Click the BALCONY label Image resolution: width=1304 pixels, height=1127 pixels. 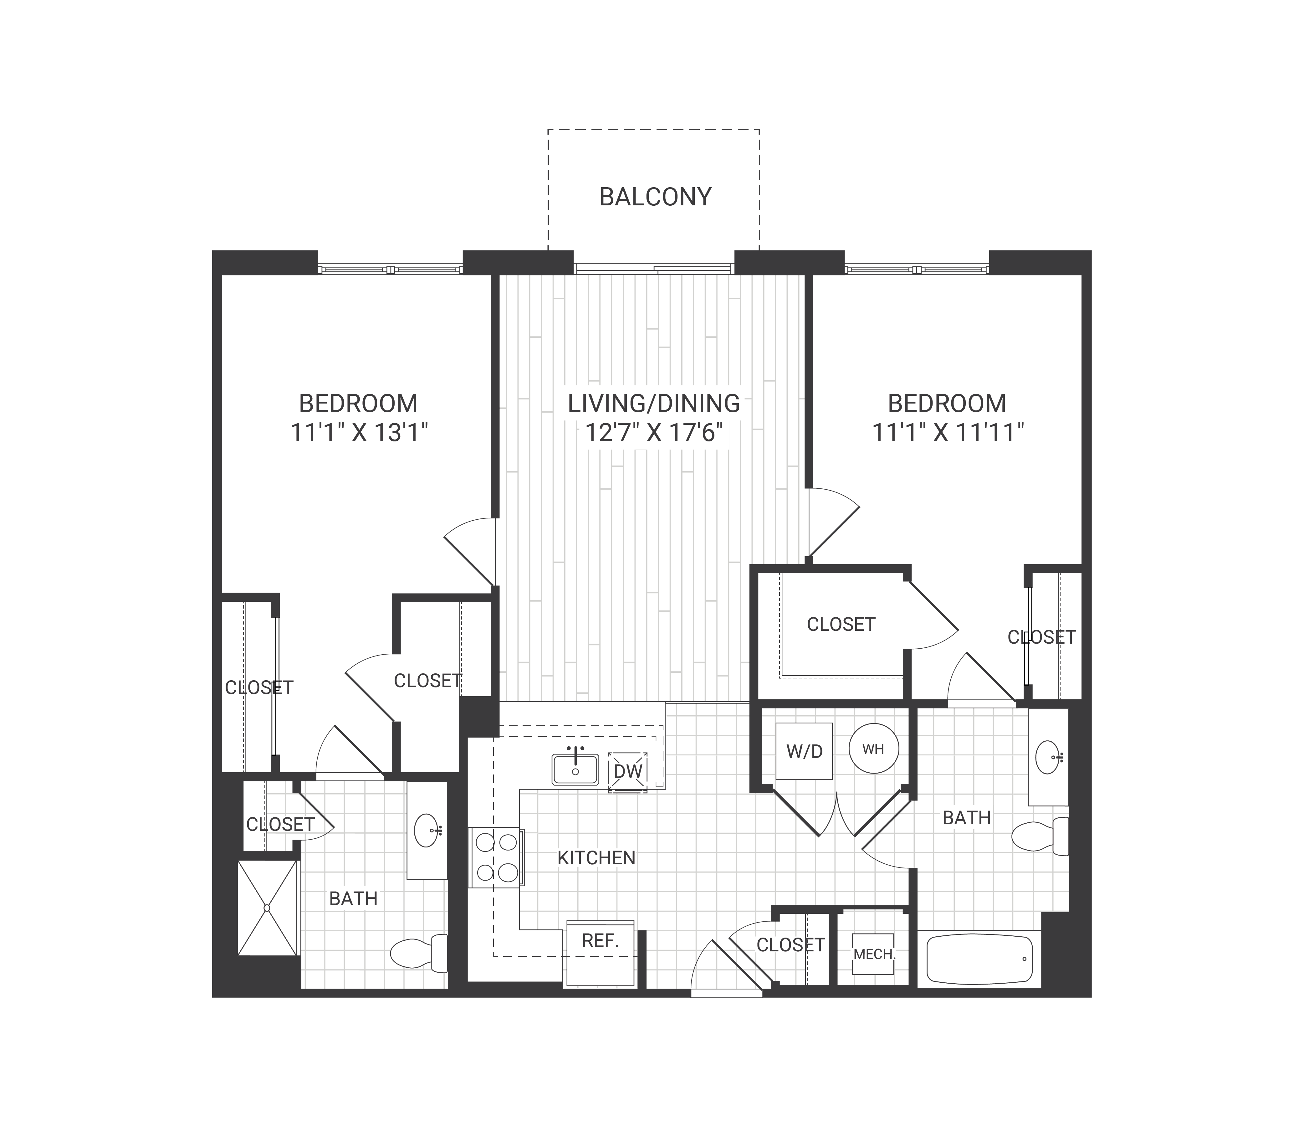pos(655,197)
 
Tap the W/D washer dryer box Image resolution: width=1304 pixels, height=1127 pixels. pos(804,751)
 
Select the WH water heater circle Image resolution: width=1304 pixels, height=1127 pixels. pos(873,749)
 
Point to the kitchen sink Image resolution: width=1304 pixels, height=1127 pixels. pos(575,769)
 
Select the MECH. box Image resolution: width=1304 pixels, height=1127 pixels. pos(873,954)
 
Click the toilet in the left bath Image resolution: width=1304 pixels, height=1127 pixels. pos(418,954)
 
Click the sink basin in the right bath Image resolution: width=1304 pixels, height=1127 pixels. pos(1048,757)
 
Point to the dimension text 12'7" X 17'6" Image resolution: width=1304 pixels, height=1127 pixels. pos(654,433)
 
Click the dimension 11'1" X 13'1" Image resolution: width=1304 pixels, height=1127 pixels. pos(359,433)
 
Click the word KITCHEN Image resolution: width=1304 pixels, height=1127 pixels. pos(597,858)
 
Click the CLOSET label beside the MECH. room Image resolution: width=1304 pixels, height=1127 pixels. pos(790,945)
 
